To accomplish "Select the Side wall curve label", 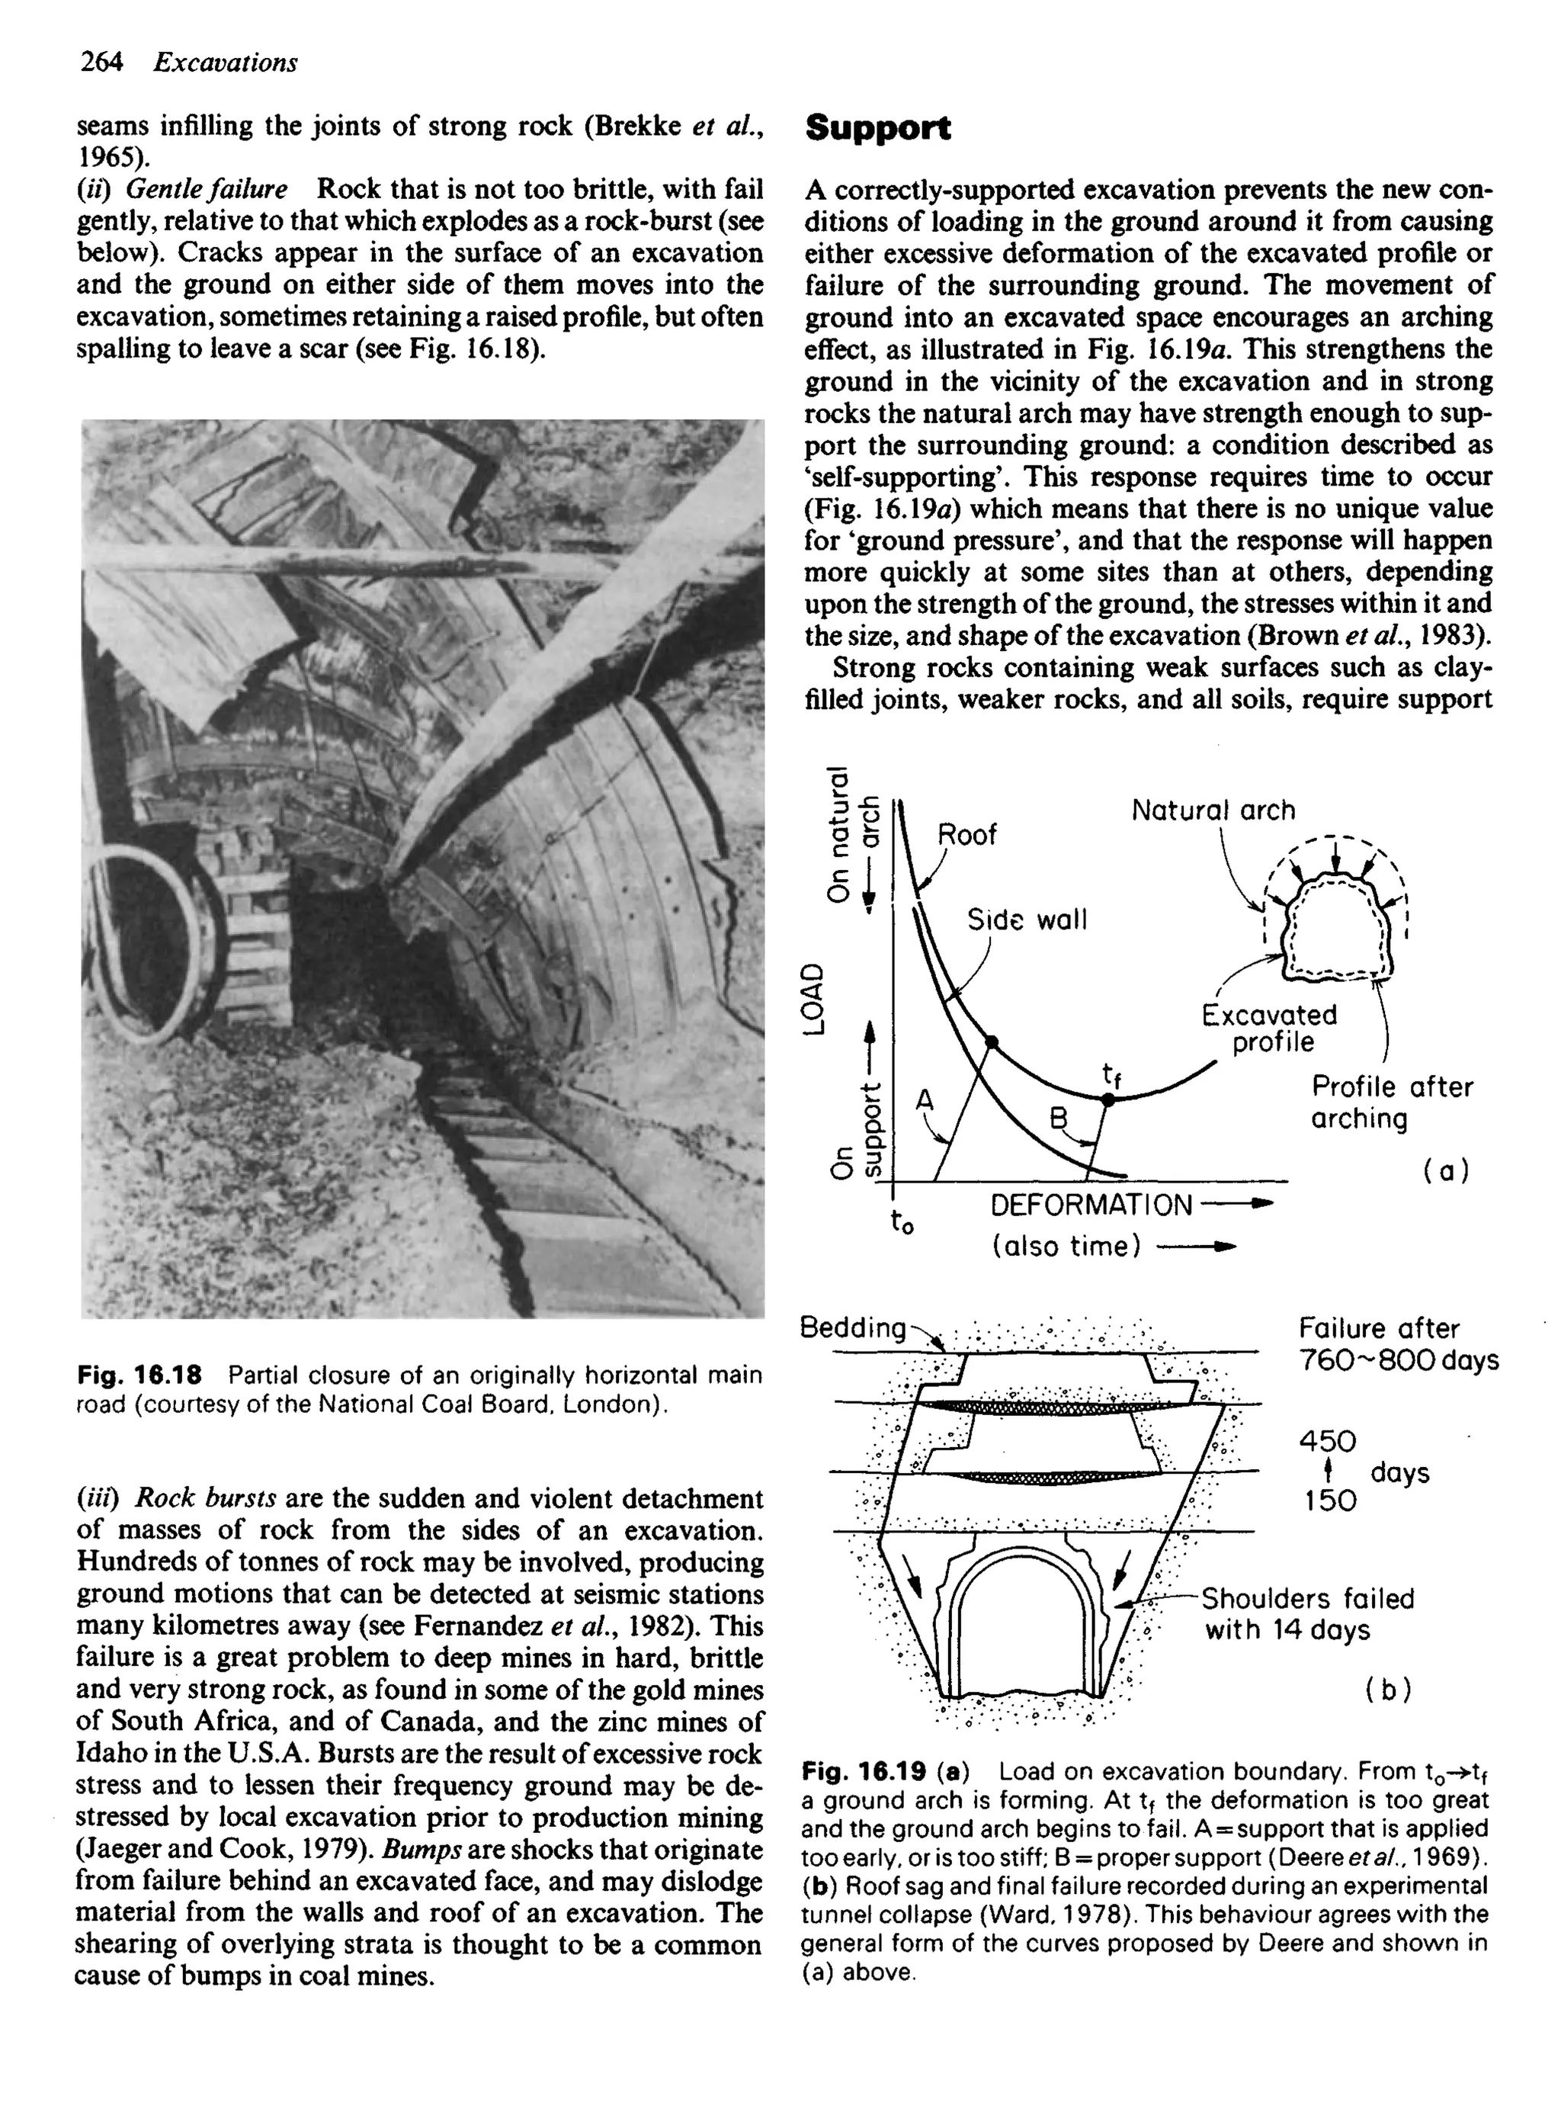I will pos(1026,920).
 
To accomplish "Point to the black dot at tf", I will pos(1109,1099).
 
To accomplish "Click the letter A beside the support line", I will pos(924,1100).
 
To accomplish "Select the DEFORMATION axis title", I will pos(1091,1205).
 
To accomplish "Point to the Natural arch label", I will pos(1213,810).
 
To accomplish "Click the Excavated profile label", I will pos(1269,1028).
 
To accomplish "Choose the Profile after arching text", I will pos(1390,1102).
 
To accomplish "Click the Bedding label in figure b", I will pos(852,1327).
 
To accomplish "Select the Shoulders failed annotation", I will pos(1307,1599).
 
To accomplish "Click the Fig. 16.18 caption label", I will pos(139,1375).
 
